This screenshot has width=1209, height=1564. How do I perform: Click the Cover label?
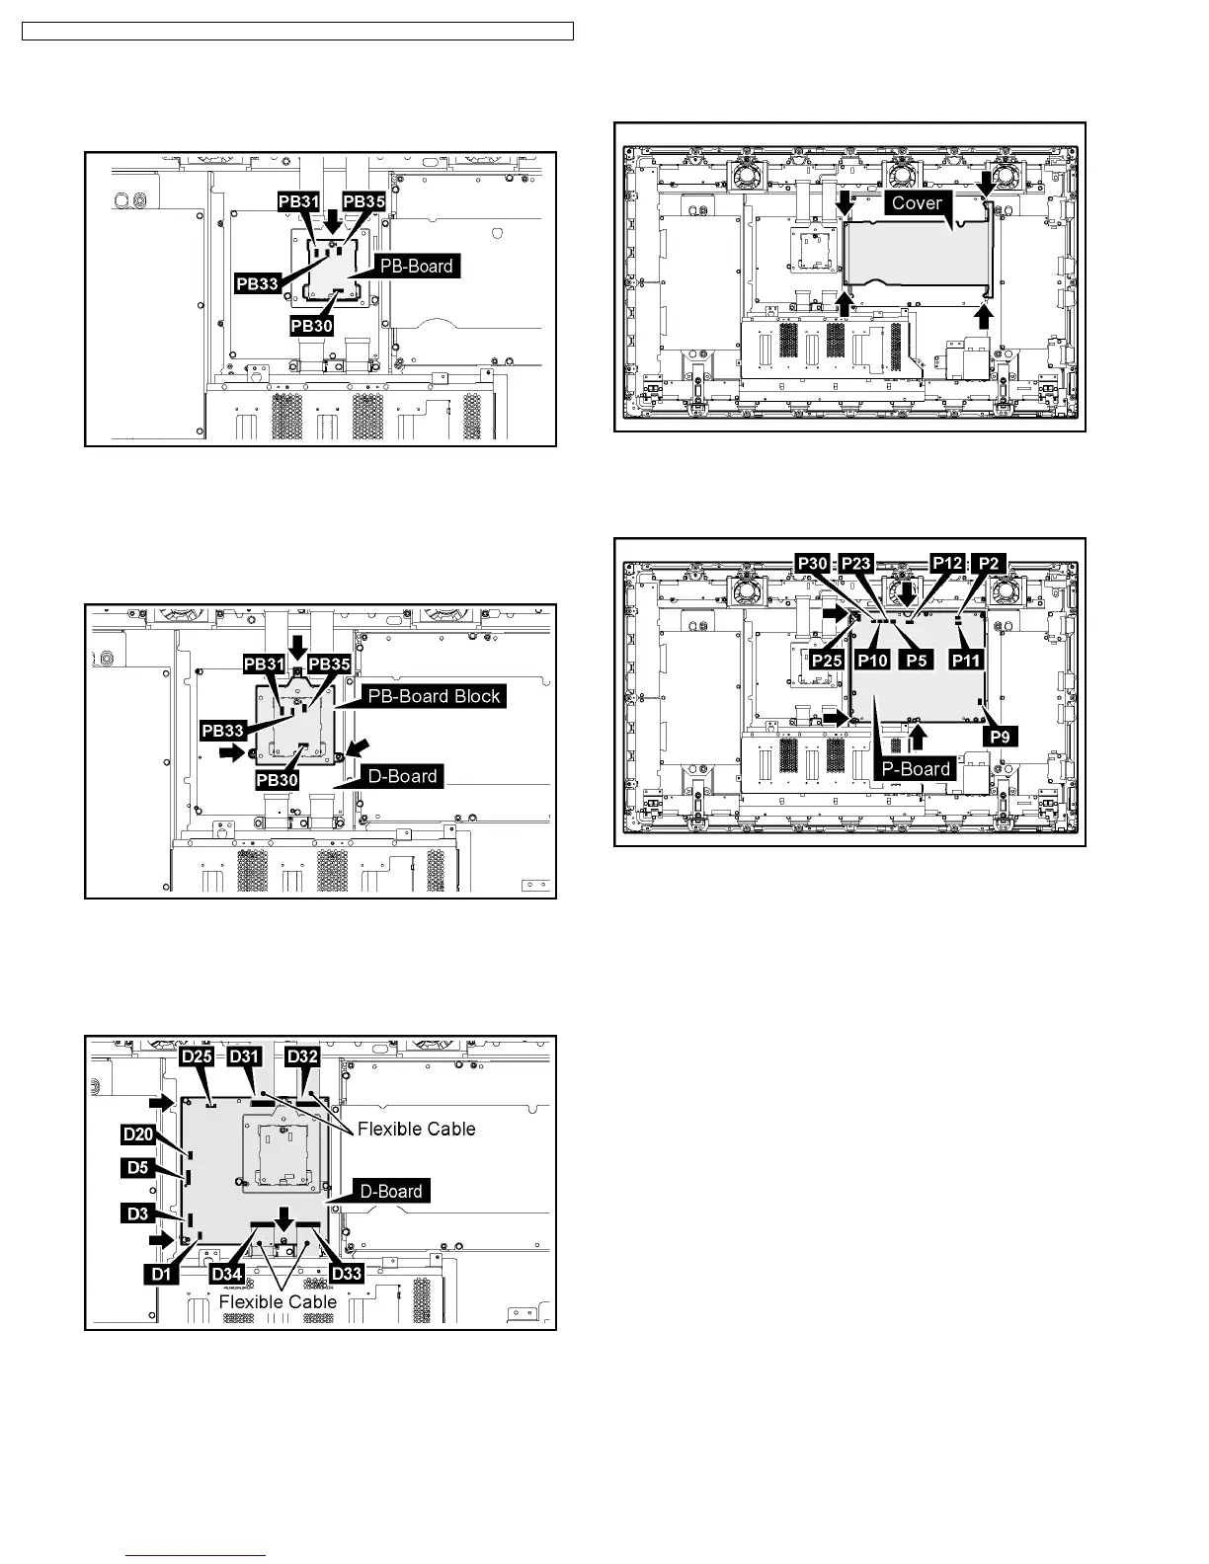[x=917, y=202]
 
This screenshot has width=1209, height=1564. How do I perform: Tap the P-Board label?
[x=916, y=769]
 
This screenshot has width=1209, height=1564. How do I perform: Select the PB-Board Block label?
[x=434, y=696]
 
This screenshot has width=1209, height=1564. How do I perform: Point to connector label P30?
[x=812, y=564]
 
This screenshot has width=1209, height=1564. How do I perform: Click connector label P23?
[x=855, y=564]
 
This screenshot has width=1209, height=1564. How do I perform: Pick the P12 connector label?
[x=947, y=564]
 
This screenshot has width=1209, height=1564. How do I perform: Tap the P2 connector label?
[x=989, y=564]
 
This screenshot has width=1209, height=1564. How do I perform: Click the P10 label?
[x=873, y=660]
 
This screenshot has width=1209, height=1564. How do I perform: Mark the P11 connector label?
[x=967, y=660]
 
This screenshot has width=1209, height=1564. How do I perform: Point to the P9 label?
[x=1000, y=737]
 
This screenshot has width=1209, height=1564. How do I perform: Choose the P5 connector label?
[x=918, y=660]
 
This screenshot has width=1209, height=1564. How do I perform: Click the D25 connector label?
[x=198, y=1056]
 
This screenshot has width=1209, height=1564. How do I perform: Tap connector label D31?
[x=244, y=1056]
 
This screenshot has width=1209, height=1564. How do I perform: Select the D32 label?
[x=302, y=1056]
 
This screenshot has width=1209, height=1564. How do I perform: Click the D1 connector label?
[x=161, y=1275]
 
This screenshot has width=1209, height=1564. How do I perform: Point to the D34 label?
[x=227, y=1275]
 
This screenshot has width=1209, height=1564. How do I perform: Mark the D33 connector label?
[x=346, y=1275]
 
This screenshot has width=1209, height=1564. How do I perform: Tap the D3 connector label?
[x=138, y=1213]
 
